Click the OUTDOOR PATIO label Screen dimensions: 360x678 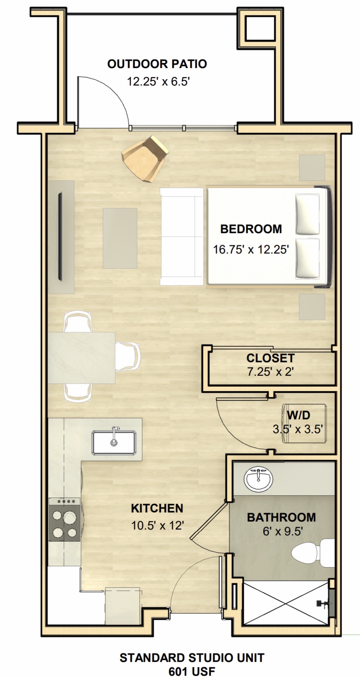(x=157, y=64)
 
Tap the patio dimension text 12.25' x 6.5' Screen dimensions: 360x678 (x=158, y=82)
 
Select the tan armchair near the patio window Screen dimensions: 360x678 (x=145, y=158)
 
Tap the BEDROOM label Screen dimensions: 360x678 (x=251, y=229)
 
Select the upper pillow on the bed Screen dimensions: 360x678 (x=308, y=214)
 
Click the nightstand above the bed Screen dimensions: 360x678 (x=312, y=167)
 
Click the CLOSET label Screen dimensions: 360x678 (x=270, y=358)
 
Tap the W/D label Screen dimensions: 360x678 (x=298, y=415)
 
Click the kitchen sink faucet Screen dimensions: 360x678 (x=114, y=435)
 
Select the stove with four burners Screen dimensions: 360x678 (x=64, y=519)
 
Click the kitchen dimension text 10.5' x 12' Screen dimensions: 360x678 (x=158, y=525)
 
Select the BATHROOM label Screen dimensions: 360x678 (x=281, y=517)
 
